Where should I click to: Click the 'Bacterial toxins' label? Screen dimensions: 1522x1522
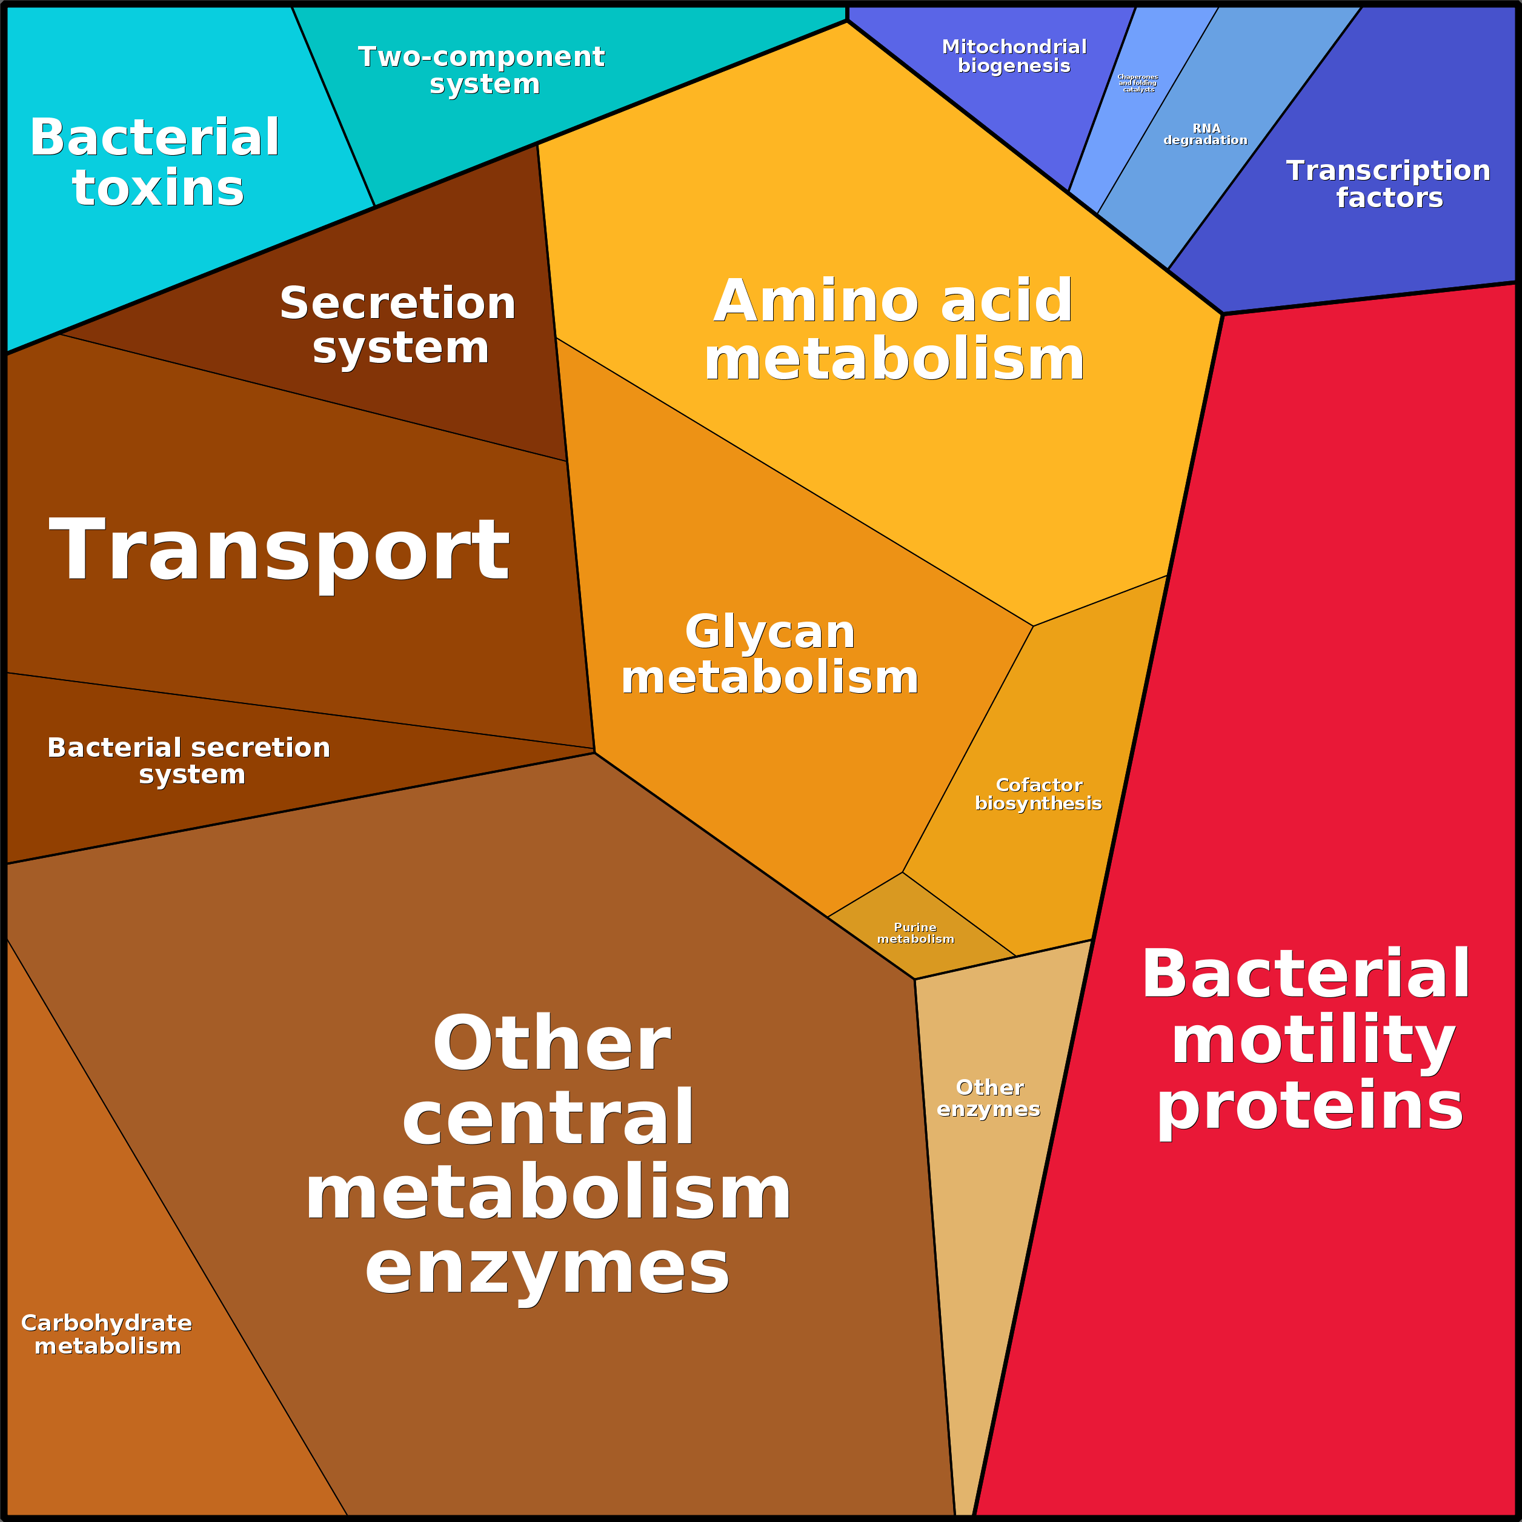pyautogui.click(x=155, y=162)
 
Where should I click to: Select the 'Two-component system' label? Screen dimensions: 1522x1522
pyautogui.click(x=482, y=70)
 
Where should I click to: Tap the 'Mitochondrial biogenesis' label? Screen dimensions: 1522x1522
pyautogui.click(x=1014, y=56)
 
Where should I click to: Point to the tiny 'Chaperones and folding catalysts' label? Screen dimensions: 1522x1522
pyautogui.click(x=1137, y=83)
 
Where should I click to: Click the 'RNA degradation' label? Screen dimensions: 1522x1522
pyautogui.click(x=1205, y=134)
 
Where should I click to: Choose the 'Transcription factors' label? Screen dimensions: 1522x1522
pyautogui.click(x=1388, y=184)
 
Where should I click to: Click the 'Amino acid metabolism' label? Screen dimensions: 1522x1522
pyautogui.click(x=893, y=329)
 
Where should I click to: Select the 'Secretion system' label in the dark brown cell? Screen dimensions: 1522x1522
pyautogui.click(x=398, y=325)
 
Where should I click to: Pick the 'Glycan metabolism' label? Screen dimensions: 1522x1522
pyautogui.click(x=769, y=654)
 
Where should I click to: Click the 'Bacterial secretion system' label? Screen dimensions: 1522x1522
pyautogui.click(x=189, y=760)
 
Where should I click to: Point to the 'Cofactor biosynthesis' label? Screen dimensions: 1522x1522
pyautogui.click(x=1038, y=793)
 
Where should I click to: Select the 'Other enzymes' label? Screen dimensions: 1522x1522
pyautogui.click(x=989, y=1097)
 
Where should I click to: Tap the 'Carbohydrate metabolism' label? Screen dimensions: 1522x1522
pyautogui.click(x=107, y=1334)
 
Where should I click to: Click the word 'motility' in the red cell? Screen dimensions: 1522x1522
pyautogui.click(x=1312, y=1040)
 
